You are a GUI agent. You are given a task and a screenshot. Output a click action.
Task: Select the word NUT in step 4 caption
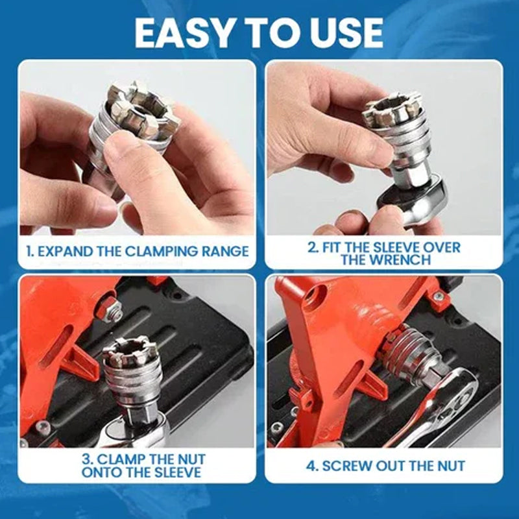tap(451, 465)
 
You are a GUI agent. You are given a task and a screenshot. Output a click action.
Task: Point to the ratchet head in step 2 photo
tap(409, 204)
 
